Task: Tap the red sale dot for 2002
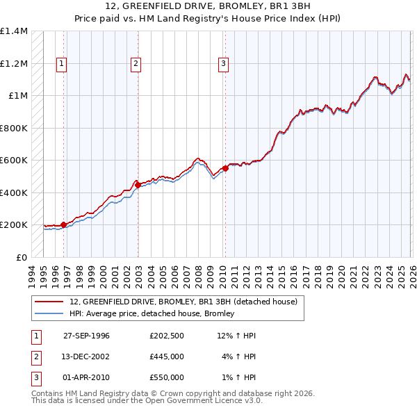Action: click(138, 185)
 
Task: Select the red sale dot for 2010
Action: click(225, 168)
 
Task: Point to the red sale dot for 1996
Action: click(63, 224)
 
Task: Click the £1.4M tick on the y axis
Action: click(14, 31)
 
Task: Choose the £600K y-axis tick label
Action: click(14, 161)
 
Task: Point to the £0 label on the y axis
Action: click(22, 257)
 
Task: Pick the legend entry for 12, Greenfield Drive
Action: click(183, 302)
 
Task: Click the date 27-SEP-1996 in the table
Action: click(86, 336)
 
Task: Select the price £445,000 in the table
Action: click(167, 356)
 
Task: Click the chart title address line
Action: click(208, 6)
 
